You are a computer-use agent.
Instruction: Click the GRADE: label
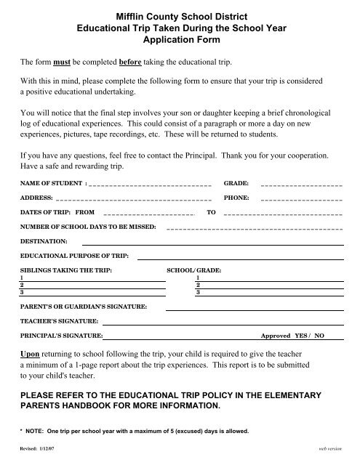pos(236,185)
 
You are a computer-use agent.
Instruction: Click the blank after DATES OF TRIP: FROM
pos(148,214)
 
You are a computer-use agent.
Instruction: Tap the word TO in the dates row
pos(212,213)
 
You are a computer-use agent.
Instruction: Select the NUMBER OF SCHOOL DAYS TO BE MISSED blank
pos(255,229)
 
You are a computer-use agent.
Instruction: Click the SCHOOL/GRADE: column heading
pos(194,270)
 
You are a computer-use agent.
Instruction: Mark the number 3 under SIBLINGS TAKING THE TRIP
pos(22,293)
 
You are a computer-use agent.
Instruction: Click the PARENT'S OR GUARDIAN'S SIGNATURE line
pos(255,309)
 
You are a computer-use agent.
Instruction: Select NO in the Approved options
pos(319,337)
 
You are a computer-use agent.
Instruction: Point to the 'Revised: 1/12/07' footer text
pos(36,450)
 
